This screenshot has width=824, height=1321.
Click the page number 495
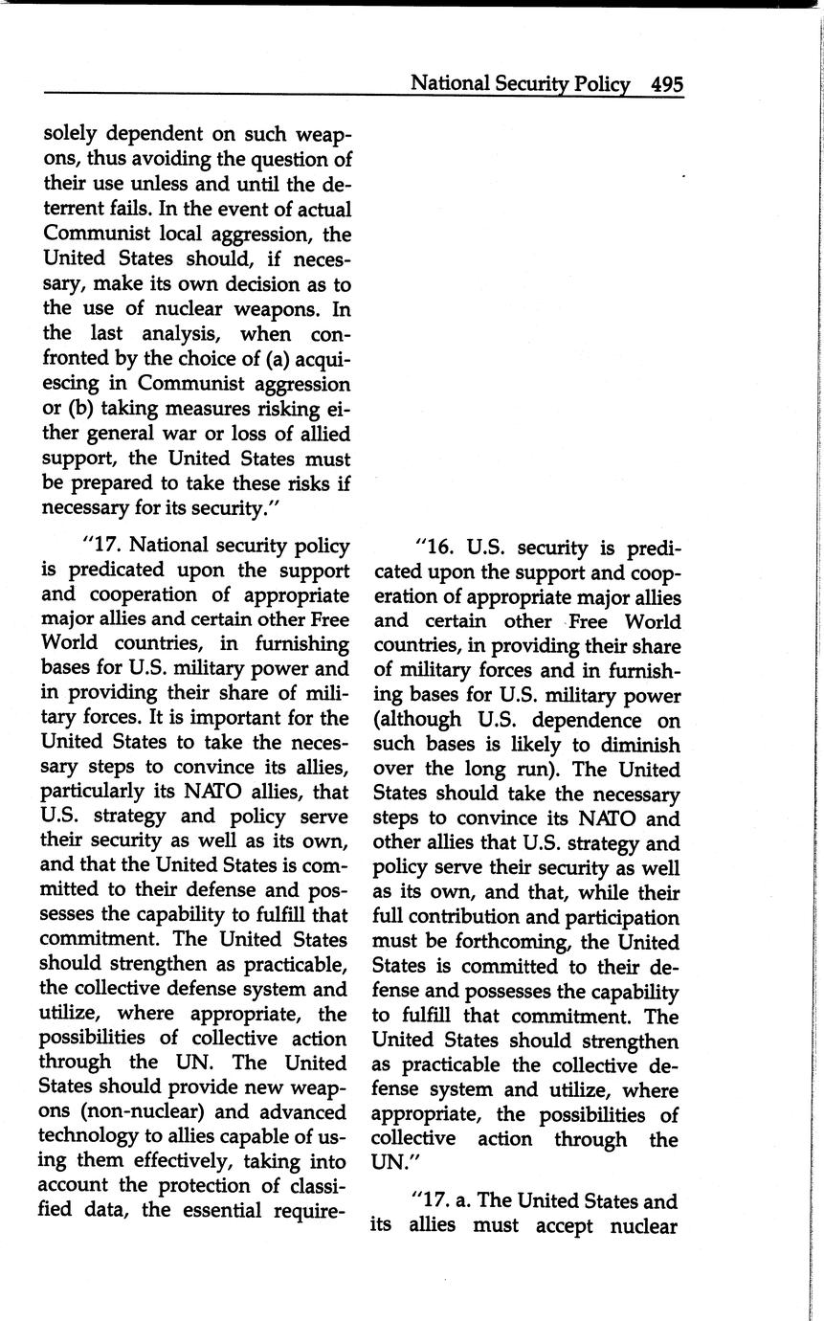point(666,84)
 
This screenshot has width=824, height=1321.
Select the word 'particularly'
point(93,792)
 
